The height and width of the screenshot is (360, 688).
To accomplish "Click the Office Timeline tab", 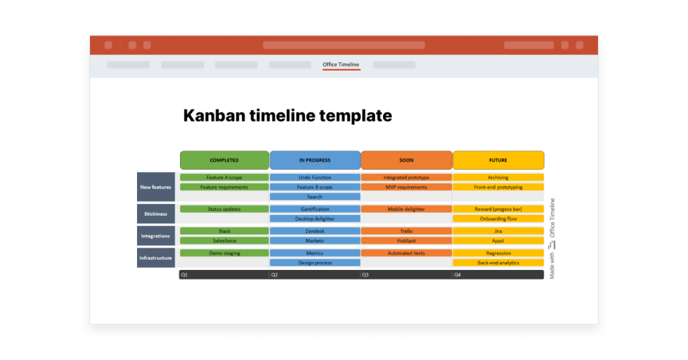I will (x=341, y=65).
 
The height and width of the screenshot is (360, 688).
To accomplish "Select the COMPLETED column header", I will (x=224, y=161).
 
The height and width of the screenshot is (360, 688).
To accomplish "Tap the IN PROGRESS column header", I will (x=314, y=161).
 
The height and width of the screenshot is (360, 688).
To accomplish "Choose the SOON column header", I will (x=406, y=161).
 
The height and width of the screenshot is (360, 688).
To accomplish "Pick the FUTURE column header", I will (x=498, y=161).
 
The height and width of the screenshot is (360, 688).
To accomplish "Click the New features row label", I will (x=156, y=187).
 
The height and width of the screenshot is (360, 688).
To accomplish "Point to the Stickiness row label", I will (x=156, y=214).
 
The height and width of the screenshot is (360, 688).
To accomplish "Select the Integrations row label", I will (x=156, y=236).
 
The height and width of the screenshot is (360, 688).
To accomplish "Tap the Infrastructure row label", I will (x=156, y=258).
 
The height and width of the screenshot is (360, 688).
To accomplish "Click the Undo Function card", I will (x=314, y=178).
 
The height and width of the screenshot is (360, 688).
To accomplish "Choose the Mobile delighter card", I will (x=406, y=209).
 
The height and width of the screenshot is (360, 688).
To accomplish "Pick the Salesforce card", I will (x=224, y=240).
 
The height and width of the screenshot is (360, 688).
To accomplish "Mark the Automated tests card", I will (x=406, y=253).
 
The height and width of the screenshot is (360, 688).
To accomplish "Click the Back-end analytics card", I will (x=498, y=263).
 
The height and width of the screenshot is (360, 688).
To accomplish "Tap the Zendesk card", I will (x=314, y=231).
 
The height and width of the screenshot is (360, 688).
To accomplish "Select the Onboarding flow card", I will (x=498, y=218).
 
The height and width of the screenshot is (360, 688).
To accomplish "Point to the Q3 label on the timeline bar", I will (x=365, y=275).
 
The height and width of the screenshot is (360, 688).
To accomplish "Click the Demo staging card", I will (x=224, y=253).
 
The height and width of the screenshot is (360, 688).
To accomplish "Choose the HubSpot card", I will (x=406, y=240).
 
